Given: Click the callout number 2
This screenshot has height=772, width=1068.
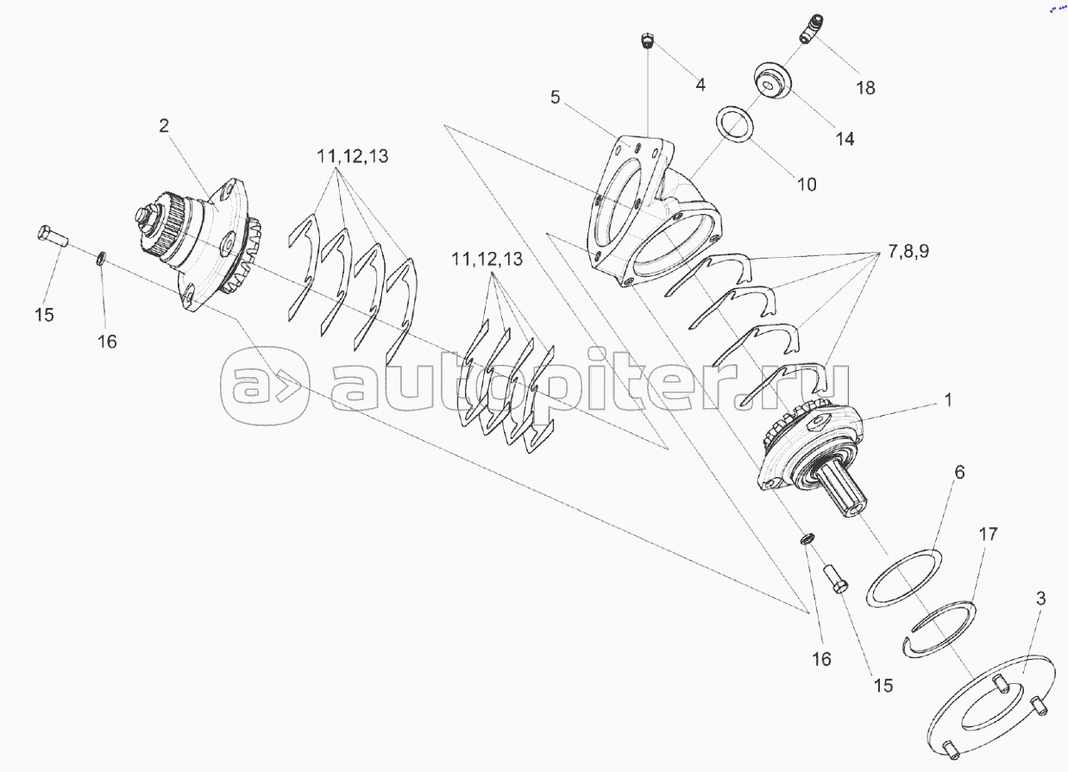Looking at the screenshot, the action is pyautogui.click(x=164, y=126).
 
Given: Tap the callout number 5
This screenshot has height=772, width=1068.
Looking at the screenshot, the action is pyautogui.click(x=556, y=97).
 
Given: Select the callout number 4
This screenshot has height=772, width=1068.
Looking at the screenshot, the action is pyautogui.click(x=700, y=85).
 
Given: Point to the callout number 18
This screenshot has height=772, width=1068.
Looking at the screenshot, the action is pyautogui.click(x=866, y=88).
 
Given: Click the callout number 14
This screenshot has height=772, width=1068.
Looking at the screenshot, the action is pyautogui.click(x=845, y=139).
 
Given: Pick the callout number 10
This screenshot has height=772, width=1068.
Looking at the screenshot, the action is pyautogui.click(x=807, y=185).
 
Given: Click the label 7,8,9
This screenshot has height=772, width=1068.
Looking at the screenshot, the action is pyautogui.click(x=908, y=251).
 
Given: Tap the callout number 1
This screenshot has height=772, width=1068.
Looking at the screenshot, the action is pyautogui.click(x=948, y=400).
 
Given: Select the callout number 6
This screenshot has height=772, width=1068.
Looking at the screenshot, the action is pyautogui.click(x=959, y=473).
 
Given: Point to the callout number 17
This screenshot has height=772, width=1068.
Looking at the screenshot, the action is pyautogui.click(x=988, y=534).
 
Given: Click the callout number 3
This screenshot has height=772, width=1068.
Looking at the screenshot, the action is pyautogui.click(x=1040, y=599).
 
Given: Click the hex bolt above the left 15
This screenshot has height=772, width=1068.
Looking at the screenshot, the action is pyautogui.click(x=53, y=236).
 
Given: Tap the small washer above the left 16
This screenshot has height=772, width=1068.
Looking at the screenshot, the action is pyautogui.click(x=101, y=258).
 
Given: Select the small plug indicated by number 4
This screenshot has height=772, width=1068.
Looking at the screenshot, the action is pyautogui.click(x=647, y=40).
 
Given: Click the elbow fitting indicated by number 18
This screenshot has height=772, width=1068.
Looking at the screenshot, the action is pyautogui.click(x=811, y=28).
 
